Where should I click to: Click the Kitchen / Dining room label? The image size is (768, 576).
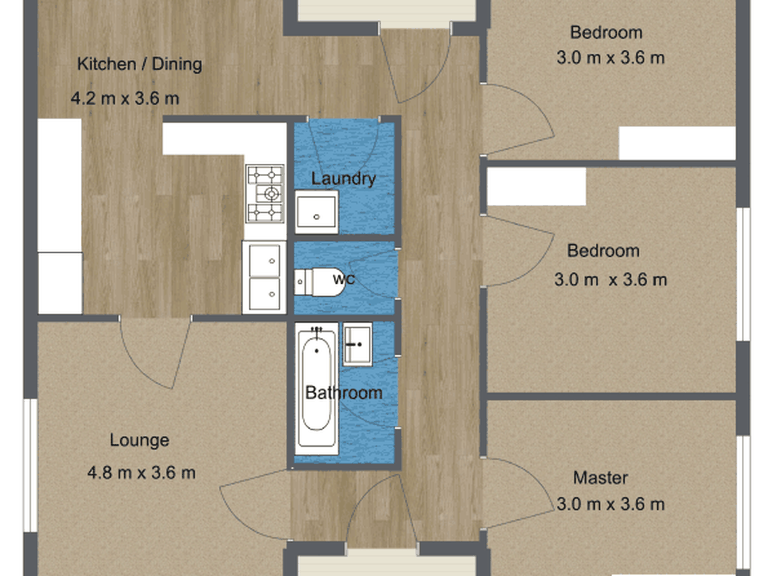point(139,64)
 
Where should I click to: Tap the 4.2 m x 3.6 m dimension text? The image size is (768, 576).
point(125,98)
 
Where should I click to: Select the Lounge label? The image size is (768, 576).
point(139,440)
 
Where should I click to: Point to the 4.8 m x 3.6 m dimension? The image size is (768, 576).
point(141,473)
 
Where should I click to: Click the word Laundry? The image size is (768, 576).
point(344,179)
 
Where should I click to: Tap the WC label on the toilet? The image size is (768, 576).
point(344,279)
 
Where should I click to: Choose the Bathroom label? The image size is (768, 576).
point(344,393)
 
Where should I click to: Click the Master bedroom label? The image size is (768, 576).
point(601,478)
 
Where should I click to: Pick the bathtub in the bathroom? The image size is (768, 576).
point(316,388)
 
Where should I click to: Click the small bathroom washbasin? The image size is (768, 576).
point(358,344)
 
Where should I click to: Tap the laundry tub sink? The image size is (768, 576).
point(316,212)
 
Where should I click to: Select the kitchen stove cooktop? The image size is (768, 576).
point(265,194)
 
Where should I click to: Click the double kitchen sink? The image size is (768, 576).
point(264,277)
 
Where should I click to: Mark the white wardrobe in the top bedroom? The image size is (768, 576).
point(677,143)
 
